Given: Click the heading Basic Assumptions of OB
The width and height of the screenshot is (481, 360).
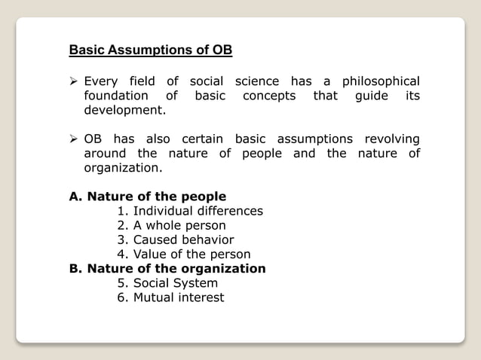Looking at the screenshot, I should click(x=151, y=51).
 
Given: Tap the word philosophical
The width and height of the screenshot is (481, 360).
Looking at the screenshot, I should click(x=381, y=81).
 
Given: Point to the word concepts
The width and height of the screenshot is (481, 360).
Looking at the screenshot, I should click(x=269, y=96).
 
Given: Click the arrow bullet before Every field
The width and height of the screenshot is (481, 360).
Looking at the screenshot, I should click(x=74, y=81).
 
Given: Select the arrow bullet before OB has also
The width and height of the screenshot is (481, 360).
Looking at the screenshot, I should click(x=74, y=139).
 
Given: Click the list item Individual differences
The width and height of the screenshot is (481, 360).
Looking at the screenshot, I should click(x=190, y=211).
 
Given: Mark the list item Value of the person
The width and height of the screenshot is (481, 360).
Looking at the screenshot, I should click(x=184, y=254).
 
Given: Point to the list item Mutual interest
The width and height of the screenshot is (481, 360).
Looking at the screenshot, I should click(x=170, y=297).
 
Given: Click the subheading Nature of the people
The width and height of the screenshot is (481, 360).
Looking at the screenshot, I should click(x=148, y=197).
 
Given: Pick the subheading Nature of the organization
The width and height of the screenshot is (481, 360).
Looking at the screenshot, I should click(x=167, y=268).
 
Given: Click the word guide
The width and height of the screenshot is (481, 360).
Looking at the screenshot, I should click(x=375, y=96).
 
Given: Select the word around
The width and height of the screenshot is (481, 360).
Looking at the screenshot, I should click(x=108, y=154).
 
